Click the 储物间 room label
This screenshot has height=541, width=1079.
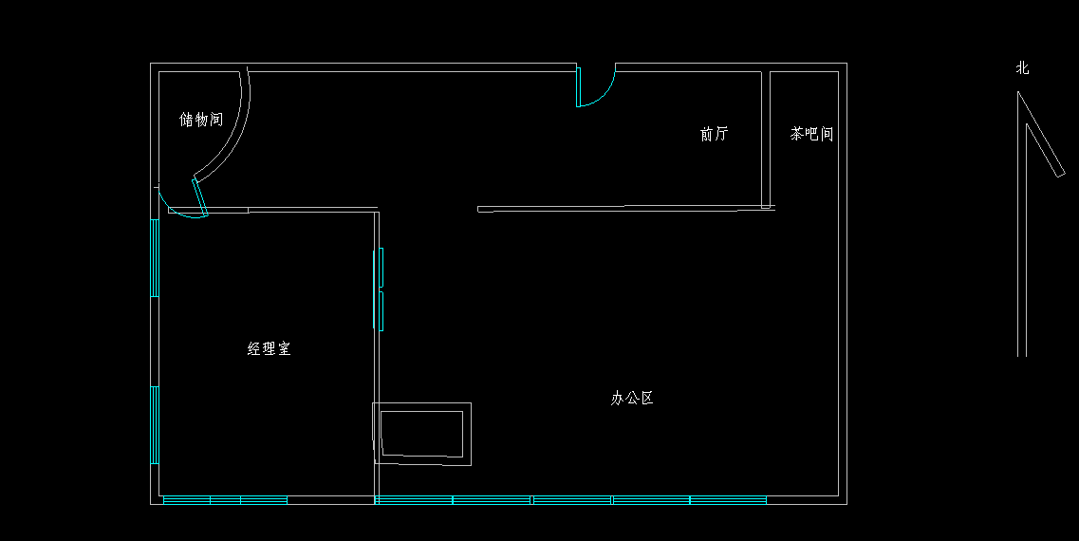pos(201,121)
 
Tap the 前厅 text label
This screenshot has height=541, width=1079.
pos(714,135)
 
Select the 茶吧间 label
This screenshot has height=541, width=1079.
pos(811,135)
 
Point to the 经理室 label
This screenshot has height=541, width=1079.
pos(270,349)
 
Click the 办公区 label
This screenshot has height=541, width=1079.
pos(632,399)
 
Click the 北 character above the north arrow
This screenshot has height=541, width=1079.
pos(1022,68)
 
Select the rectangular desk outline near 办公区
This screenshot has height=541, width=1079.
pos(422,433)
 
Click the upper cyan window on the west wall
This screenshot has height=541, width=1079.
pos(154,258)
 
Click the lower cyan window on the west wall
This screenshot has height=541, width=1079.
pos(154,424)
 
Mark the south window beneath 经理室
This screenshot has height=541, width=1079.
pos(225,499)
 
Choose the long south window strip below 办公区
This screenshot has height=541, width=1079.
pos(570,499)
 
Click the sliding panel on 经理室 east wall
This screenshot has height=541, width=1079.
pos(381,289)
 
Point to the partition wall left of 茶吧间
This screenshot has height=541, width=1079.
pos(766,139)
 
